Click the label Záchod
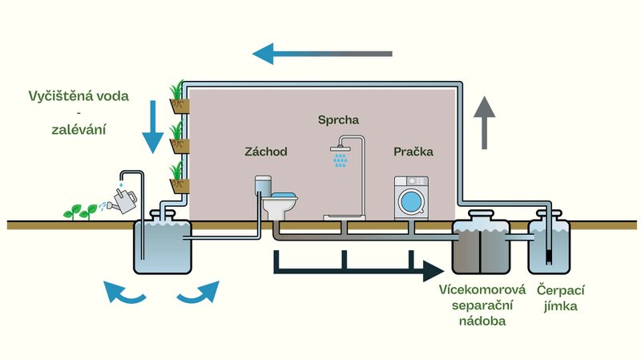tap(265, 152)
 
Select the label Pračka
tap(412, 152)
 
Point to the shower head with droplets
tap(341, 156)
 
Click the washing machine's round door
tap(413, 200)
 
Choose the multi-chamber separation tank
tap(481, 245)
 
